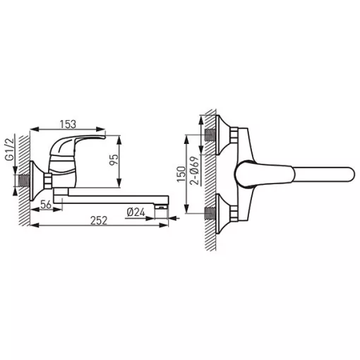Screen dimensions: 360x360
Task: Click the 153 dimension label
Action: coord(68,124)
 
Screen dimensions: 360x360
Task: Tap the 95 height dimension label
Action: coord(114,160)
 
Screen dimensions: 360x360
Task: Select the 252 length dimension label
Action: coord(99,220)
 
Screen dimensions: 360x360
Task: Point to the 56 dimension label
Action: coord(46,205)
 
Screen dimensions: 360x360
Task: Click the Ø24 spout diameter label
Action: coord(136,212)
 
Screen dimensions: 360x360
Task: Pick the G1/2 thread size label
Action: coord(10,150)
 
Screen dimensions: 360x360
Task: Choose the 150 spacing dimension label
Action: coord(181,174)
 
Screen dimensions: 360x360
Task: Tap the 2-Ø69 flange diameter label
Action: coord(195,170)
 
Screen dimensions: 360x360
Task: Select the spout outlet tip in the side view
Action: coord(162,208)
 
